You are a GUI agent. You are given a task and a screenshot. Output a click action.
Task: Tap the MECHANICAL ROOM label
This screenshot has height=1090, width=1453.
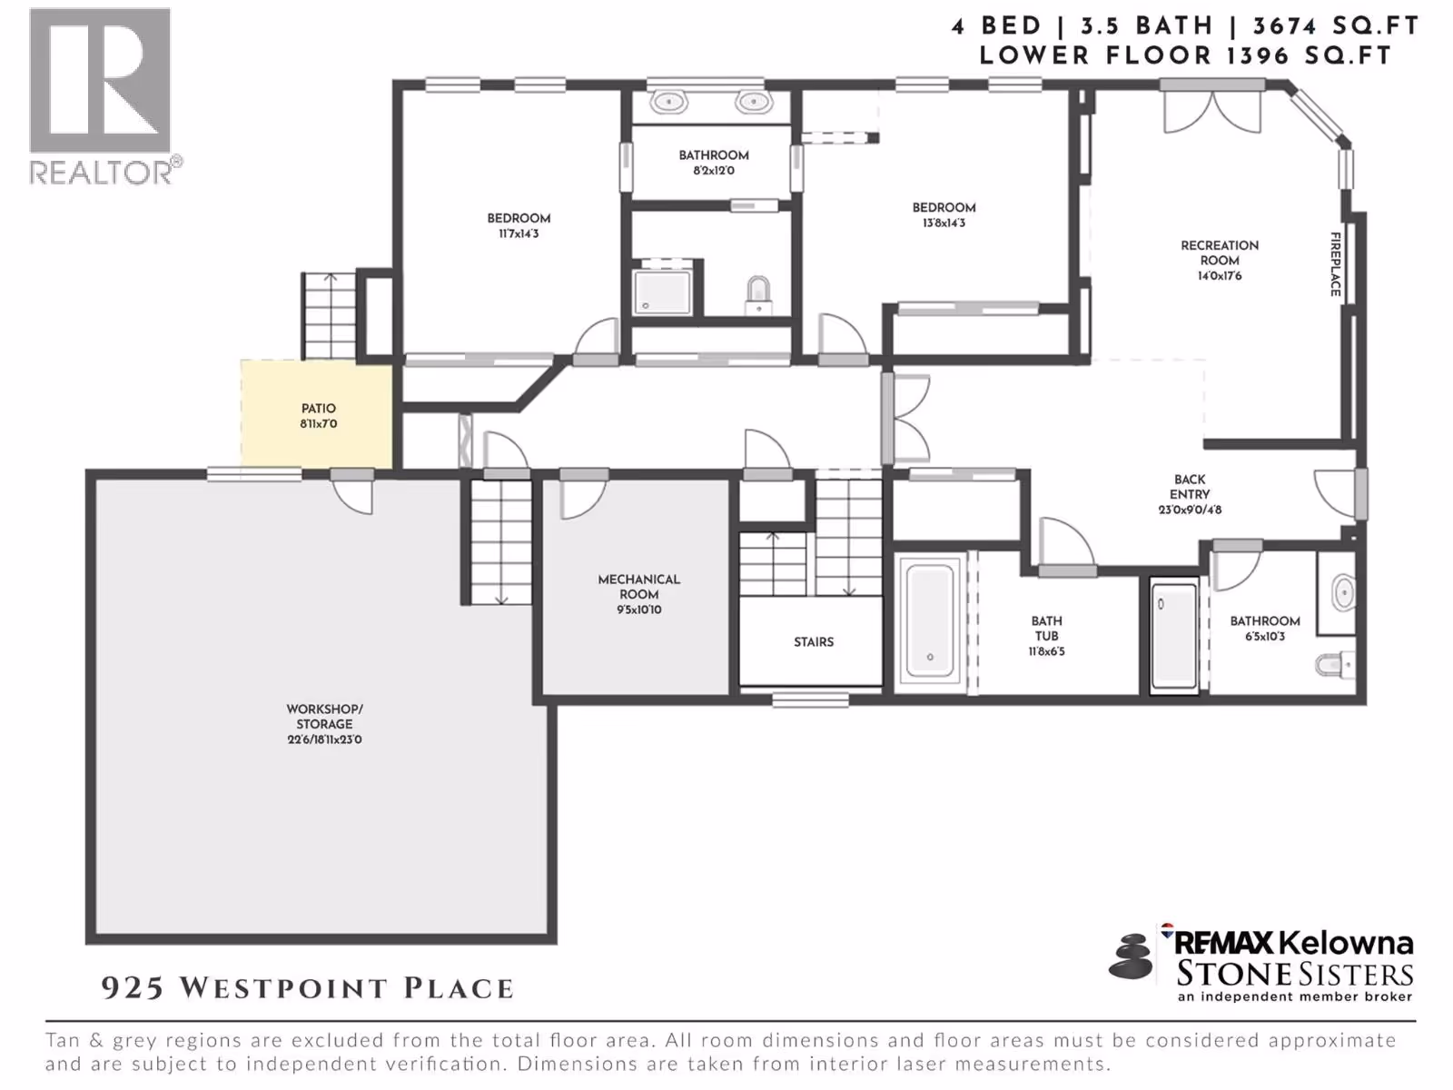pos(638,587)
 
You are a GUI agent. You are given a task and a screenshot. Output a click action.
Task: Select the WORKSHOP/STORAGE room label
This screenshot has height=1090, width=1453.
pos(324,716)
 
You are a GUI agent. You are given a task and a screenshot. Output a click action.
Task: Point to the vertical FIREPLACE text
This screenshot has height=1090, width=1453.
pos(1336,264)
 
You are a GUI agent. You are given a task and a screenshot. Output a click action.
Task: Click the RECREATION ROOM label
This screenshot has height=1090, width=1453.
pos(1220,253)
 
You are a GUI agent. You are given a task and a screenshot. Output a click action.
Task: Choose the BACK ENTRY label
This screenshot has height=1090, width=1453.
pos(1190,487)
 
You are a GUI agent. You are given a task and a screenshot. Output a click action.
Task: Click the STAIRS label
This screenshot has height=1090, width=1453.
pos(814,642)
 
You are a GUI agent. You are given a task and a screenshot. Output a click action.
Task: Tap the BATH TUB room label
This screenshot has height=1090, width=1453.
pos(1046,629)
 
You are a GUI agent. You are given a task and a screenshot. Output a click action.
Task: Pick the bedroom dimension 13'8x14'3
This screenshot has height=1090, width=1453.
pos(944,223)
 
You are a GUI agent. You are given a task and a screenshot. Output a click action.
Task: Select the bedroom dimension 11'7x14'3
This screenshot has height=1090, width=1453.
pos(519,233)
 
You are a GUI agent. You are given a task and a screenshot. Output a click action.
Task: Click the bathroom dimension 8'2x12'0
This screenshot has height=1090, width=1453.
pos(714,171)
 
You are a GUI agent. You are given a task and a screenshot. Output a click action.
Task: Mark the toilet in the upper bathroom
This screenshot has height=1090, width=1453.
pos(758,296)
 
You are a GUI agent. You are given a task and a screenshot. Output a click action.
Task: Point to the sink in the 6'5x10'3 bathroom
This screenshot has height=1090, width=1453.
pos(1343,591)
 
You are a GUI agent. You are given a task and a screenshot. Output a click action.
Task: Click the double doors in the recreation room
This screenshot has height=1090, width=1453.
pos(1212,110)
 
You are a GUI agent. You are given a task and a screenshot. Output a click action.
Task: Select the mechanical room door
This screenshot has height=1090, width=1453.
pos(583,494)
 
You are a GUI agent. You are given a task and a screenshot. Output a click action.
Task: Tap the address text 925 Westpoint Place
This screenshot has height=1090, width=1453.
pos(308,988)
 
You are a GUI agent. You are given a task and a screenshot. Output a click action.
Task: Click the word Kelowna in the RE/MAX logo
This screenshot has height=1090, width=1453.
pos(1347,943)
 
